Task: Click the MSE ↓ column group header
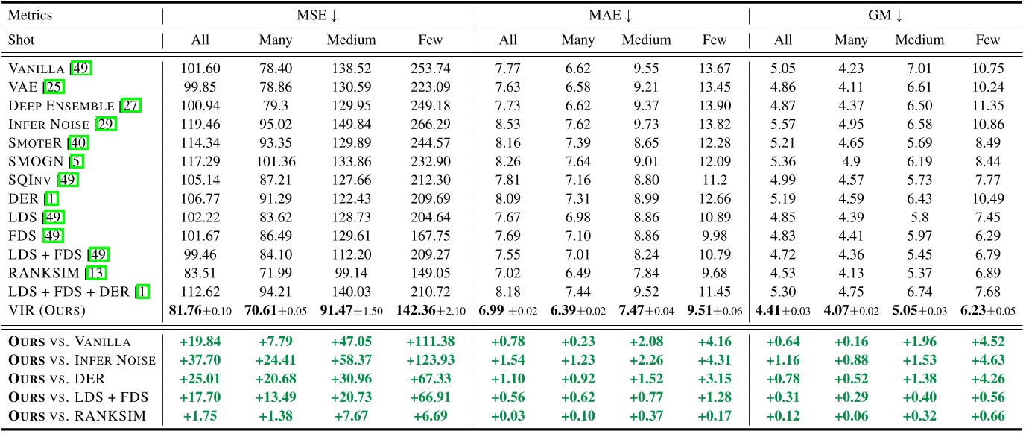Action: point(317,16)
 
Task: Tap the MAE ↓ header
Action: point(609,16)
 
